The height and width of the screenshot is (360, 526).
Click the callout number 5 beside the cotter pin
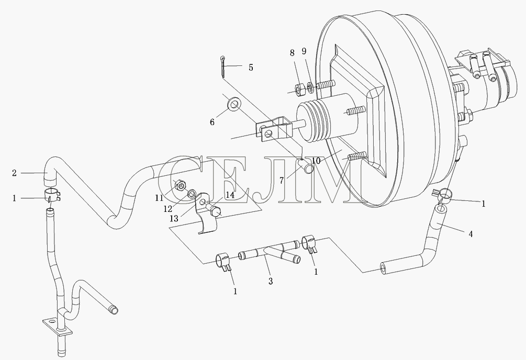(x=251, y=67)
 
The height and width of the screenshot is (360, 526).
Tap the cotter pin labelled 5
(x=223, y=67)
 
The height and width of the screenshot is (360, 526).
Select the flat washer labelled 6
(x=233, y=105)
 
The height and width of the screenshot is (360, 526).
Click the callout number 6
(x=212, y=122)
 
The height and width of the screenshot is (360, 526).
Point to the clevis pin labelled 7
(x=306, y=166)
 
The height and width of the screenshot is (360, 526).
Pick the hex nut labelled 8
(x=299, y=89)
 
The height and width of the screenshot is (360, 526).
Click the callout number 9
(x=304, y=51)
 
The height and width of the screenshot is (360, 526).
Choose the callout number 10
(x=316, y=161)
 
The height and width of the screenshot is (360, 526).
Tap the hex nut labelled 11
(x=180, y=185)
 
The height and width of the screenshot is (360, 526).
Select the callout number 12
(x=167, y=209)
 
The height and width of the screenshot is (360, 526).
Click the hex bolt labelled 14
(x=214, y=212)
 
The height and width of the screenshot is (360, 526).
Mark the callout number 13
(x=174, y=219)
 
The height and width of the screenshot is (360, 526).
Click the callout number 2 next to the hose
(x=14, y=173)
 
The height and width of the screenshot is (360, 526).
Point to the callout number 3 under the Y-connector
(x=271, y=281)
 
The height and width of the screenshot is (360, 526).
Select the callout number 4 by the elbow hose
(x=471, y=234)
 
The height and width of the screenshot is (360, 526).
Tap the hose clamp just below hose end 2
(x=52, y=195)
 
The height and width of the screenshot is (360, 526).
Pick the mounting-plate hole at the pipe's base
(x=51, y=321)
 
